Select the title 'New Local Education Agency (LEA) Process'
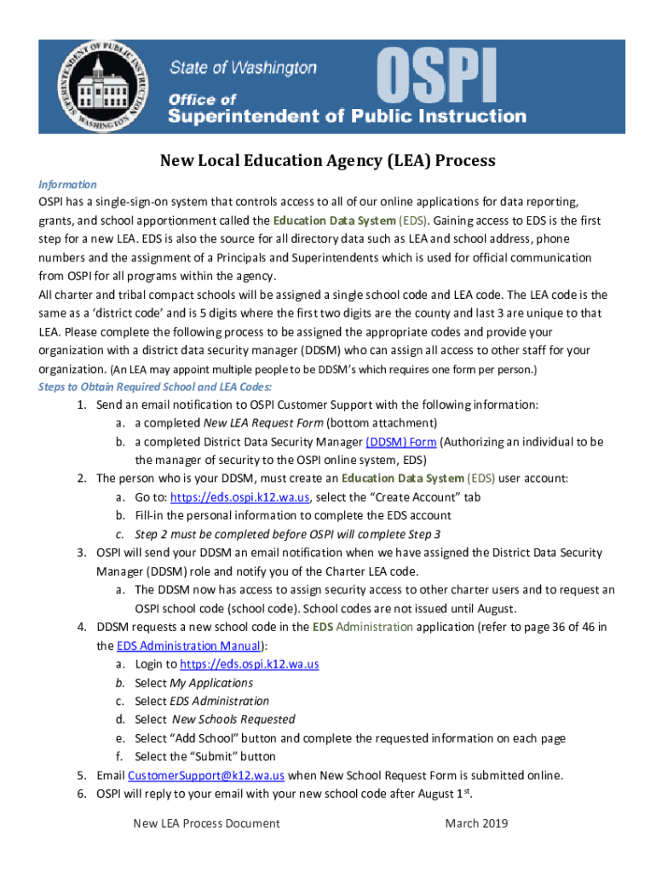[328, 161]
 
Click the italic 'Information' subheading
[67, 185]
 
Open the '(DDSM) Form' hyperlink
[401, 442]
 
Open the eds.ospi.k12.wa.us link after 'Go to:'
[240, 497]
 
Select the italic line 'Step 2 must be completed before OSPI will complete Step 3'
[287, 534]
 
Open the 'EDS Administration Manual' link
[189, 645]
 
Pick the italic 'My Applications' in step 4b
[211, 683]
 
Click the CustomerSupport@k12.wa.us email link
[205, 776]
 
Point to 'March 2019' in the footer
[476, 823]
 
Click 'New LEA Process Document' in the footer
[206, 823]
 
